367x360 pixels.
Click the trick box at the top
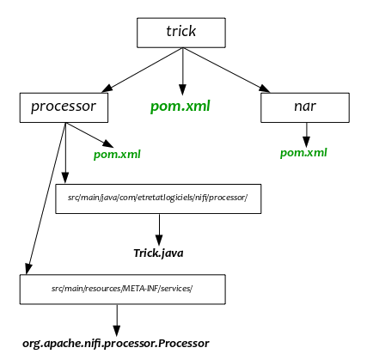[x=181, y=33]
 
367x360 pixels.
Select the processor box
[x=64, y=107]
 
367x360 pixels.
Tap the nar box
[x=305, y=107]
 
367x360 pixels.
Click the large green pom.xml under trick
[x=180, y=107]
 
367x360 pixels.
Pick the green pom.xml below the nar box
[x=303, y=153]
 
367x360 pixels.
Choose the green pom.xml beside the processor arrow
[x=117, y=155]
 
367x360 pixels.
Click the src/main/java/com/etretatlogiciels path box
[x=158, y=198]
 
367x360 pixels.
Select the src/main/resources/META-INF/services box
[x=123, y=290]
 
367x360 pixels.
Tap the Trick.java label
[x=158, y=253]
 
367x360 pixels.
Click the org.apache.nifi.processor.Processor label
[x=116, y=343]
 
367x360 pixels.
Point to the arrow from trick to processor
[x=142, y=70]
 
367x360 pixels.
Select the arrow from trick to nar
[x=226, y=70]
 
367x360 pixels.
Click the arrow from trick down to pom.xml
[x=182, y=71]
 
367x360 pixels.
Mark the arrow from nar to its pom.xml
[x=306, y=135]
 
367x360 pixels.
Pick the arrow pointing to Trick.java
[x=159, y=229]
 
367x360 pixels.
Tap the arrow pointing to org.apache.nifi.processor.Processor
[x=117, y=320]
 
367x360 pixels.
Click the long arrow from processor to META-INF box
[x=46, y=198]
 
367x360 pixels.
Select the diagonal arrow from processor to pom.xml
[x=89, y=135]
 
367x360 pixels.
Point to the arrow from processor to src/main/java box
[x=65, y=153]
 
